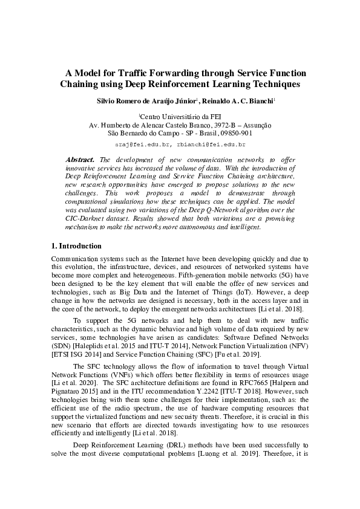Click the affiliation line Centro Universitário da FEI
pos(180,115)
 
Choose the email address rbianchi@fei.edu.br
pos(212,145)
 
